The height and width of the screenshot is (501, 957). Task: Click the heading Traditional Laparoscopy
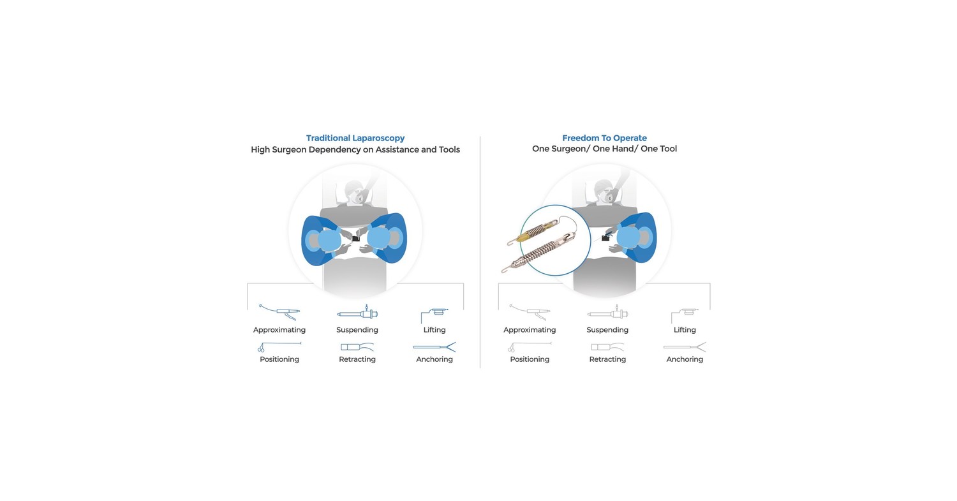pyautogui.click(x=355, y=138)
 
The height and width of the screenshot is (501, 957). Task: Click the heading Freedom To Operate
pyautogui.click(x=604, y=138)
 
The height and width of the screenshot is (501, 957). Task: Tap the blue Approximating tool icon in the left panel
pyautogui.click(x=279, y=312)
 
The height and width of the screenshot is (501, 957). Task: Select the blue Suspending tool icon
pyautogui.click(x=357, y=313)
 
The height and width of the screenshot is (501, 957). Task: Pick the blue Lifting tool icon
pyautogui.click(x=434, y=314)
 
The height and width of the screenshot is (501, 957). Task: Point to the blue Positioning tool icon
pyautogui.click(x=279, y=347)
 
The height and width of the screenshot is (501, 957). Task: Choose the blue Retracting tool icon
pyautogui.click(x=357, y=348)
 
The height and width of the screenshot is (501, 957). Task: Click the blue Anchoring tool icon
pyautogui.click(x=434, y=347)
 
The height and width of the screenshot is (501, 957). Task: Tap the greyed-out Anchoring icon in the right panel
pyautogui.click(x=685, y=347)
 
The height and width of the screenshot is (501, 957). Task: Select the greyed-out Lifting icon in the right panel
pyautogui.click(x=685, y=314)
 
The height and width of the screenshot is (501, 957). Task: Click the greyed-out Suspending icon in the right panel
pyautogui.click(x=607, y=313)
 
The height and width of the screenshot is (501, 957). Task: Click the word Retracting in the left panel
pyautogui.click(x=357, y=359)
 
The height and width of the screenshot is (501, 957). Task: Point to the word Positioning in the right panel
pyautogui.click(x=530, y=359)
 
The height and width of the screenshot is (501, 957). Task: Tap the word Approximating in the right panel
pyautogui.click(x=530, y=330)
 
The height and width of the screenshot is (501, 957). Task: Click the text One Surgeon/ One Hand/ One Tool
pyautogui.click(x=604, y=149)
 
